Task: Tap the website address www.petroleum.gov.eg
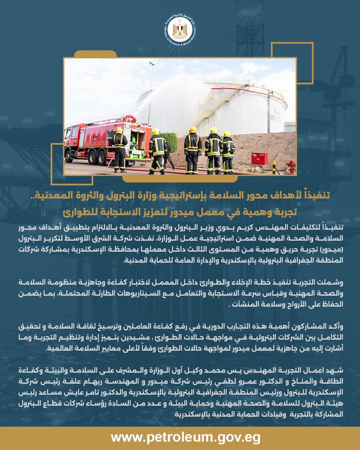(180, 437)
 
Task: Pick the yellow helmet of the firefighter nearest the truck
(119, 130)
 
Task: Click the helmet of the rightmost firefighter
(227, 134)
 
